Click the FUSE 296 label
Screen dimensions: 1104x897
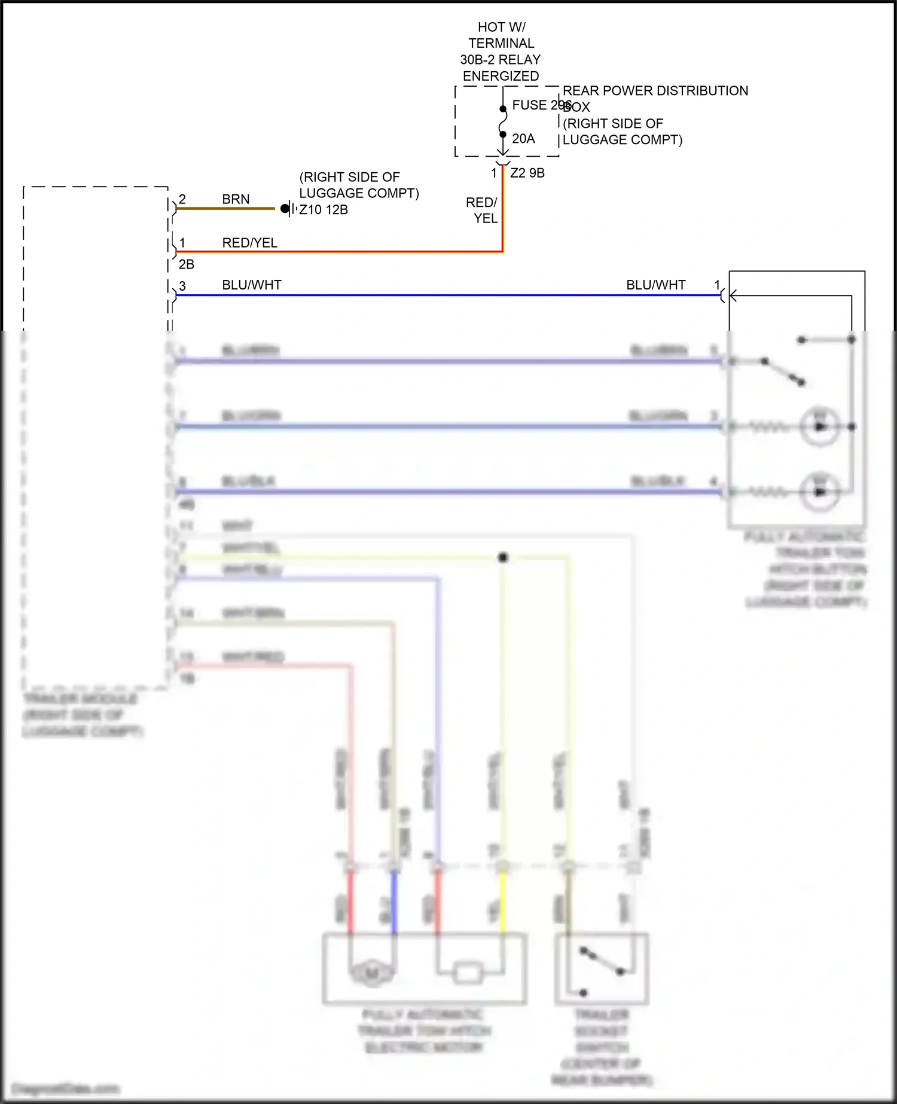[541, 105]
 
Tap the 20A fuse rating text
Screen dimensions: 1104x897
[523, 139]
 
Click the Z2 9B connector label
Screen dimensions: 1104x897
[527, 173]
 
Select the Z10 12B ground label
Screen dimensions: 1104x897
[324, 210]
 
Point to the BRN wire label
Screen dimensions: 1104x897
[236, 199]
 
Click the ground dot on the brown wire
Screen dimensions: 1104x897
[285, 209]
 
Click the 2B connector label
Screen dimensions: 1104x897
[187, 264]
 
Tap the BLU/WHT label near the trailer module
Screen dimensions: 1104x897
[252, 285]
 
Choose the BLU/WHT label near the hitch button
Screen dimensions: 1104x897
[655, 285]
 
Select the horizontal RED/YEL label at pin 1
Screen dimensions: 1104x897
[250, 243]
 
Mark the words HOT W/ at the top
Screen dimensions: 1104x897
[501, 28]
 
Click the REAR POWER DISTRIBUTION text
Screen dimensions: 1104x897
[655, 91]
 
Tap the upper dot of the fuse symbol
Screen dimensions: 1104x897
[503, 109]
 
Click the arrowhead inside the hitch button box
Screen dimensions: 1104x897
[733, 295]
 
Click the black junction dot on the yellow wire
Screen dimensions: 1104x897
[503, 557]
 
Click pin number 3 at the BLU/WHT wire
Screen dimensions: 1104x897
[182, 286]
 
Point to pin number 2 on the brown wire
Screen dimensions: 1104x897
[182, 199]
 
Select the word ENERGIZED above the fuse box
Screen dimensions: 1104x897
[501, 77]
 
